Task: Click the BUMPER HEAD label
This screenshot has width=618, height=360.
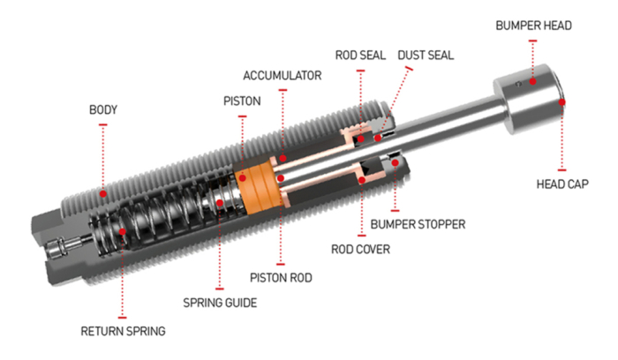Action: pyautogui.click(x=532, y=26)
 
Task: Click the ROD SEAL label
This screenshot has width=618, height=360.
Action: pyautogui.click(x=358, y=55)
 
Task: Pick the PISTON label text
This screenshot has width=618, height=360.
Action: pyautogui.click(x=241, y=101)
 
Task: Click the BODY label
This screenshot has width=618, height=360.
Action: pyautogui.click(x=103, y=110)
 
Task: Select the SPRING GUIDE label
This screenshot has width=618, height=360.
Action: pyautogui.click(x=220, y=302)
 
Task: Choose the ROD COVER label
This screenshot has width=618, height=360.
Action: pyautogui.click(x=362, y=250)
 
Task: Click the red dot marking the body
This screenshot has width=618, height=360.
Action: pyautogui.click(x=103, y=191)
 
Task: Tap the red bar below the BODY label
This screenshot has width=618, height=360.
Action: pyautogui.click(x=103, y=125)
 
